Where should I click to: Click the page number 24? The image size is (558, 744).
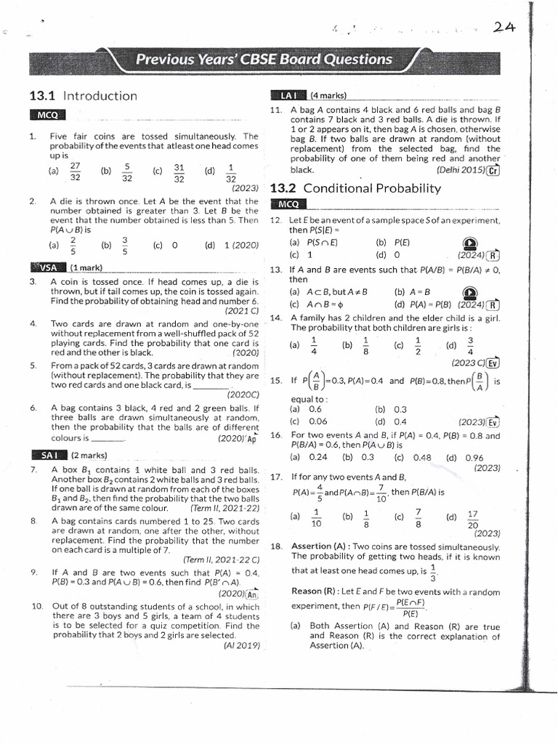pos(504,28)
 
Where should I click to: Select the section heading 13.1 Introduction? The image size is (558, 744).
pos(83,96)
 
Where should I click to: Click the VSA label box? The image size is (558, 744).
pos(45,267)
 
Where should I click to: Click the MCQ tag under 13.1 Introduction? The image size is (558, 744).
pos(47,116)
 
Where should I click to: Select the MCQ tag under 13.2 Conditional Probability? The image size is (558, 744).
pos(288,204)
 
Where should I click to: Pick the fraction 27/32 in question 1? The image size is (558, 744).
pos(74,171)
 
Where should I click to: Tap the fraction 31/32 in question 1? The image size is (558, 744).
pos(179,171)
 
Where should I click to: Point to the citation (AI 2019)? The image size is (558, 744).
pos(241,644)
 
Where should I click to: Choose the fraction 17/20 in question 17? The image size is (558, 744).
pos(472,519)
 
